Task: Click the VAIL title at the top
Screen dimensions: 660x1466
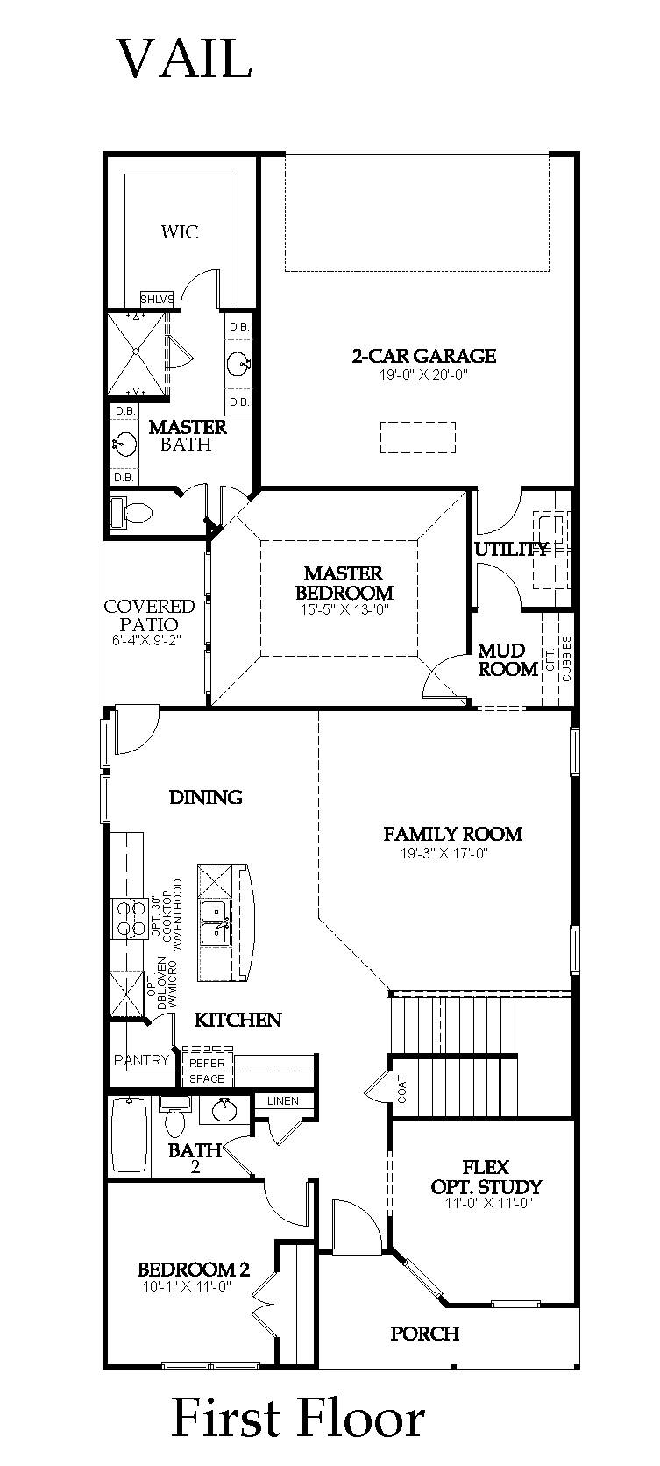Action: [x=184, y=58]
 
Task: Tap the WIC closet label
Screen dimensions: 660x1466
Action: [x=179, y=231]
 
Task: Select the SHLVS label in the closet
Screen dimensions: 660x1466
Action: [x=157, y=300]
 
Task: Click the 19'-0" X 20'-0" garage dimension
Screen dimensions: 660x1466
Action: [x=424, y=375]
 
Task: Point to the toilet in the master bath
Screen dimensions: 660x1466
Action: [x=131, y=512]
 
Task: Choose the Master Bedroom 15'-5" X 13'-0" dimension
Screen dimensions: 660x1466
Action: [x=344, y=610]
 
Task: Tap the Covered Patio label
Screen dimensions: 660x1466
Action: [x=149, y=616]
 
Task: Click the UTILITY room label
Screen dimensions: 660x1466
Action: [x=511, y=549]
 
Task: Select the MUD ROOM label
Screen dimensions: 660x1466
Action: [x=507, y=659]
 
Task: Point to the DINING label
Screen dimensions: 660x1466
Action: [x=205, y=797]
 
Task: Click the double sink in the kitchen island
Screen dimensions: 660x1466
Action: [x=216, y=922]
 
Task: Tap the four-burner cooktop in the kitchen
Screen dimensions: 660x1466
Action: [x=129, y=919]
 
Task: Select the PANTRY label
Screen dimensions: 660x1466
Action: [x=142, y=1059]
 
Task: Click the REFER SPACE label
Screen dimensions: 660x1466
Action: [x=207, y=1071]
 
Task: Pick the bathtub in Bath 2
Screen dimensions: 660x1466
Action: [x=130, y=1135]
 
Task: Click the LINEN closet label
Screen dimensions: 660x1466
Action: [x=282, y=1100]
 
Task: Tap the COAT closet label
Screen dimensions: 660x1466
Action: [x=402, y=1090]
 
